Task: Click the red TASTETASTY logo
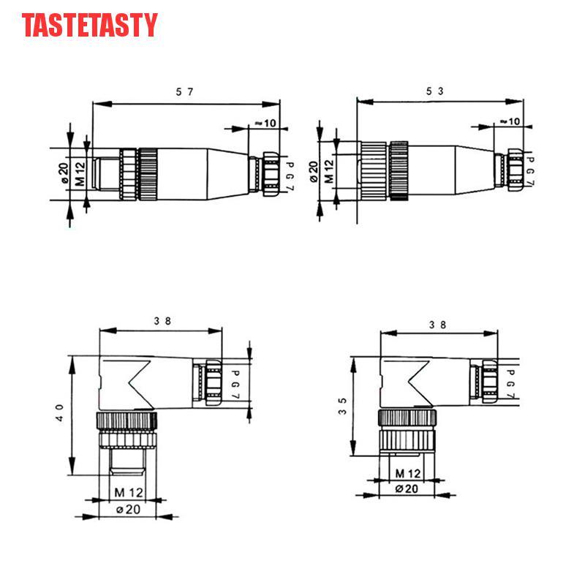pyautogui.click(x=89, y=25)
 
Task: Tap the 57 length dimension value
pyautogui.click(x=185, y=92)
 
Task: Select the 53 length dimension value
pyautogui.click(x=435, y=91)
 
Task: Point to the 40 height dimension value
pyautogui.click(x=60, y=413)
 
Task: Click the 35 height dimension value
pyautogui.click(x=342, y=407)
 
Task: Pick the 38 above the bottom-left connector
pyautogui.click(x=162, y=321)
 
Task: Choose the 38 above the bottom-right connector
pyautogui.click(x=437, y=325)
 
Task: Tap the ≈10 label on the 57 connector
pyautogui.click(x=265, y=123)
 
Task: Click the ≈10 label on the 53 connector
pyautogui.click(x=510, y=121)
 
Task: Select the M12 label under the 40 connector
pyautogui.click(x=129, y=492)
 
